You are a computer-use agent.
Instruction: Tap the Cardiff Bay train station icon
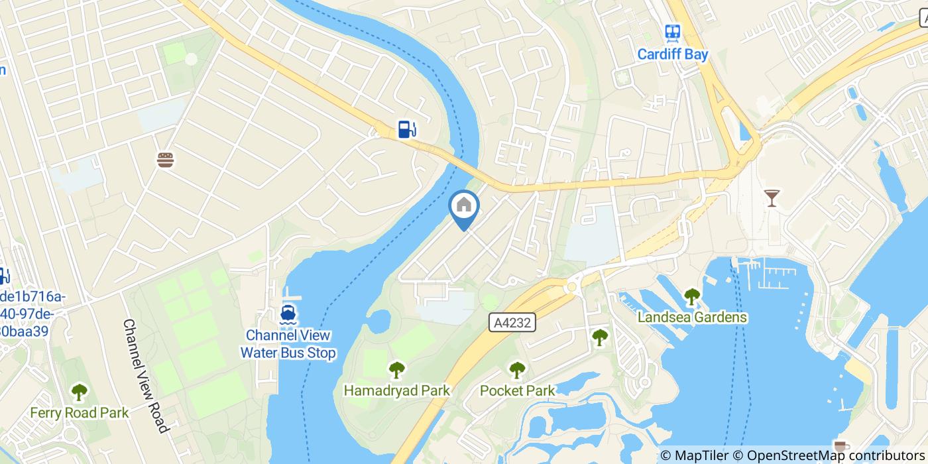(x=673, y=33)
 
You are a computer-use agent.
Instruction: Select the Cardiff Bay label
(x=673, y=54)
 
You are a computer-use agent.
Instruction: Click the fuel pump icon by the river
(x=407, y=129)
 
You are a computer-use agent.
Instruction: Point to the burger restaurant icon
(x=165, y=159)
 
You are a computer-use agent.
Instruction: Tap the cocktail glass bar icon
(x=772, y=198)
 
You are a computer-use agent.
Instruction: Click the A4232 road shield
(x=512, y=323)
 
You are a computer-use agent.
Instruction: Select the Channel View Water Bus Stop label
(x=288, y=345)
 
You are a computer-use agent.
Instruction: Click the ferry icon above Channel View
(x=288, y=313)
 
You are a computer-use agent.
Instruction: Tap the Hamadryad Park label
(x=396, y=391)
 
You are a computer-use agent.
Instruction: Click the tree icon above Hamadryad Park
(x=396, y=370)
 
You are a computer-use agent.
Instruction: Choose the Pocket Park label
(x=517, y=391)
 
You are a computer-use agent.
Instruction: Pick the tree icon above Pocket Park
(x=517, y=370)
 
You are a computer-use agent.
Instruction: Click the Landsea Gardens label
(x=692, y=318)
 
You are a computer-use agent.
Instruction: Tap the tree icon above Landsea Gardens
(x=692, y=296)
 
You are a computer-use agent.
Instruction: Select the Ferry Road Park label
(x=80, y=413)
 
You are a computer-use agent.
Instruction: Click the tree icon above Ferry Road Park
(x=80, y=392)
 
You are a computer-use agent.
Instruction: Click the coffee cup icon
(x=841, y=446)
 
